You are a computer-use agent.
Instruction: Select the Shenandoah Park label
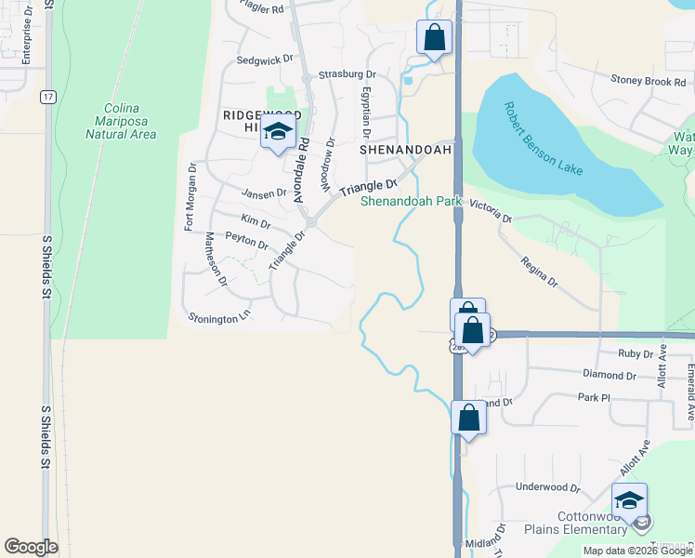(411, 200)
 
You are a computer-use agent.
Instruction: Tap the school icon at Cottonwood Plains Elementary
(629, 500)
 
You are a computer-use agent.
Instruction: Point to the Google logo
(31, 547)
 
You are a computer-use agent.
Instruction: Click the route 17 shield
(46, 96)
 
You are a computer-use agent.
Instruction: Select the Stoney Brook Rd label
(648, 82)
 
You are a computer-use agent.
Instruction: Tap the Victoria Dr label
(490, 210)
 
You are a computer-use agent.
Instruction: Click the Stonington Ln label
(220, 317)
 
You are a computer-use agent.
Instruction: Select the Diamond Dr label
(610, 376)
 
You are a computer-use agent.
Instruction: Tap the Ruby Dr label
(636, 354)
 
